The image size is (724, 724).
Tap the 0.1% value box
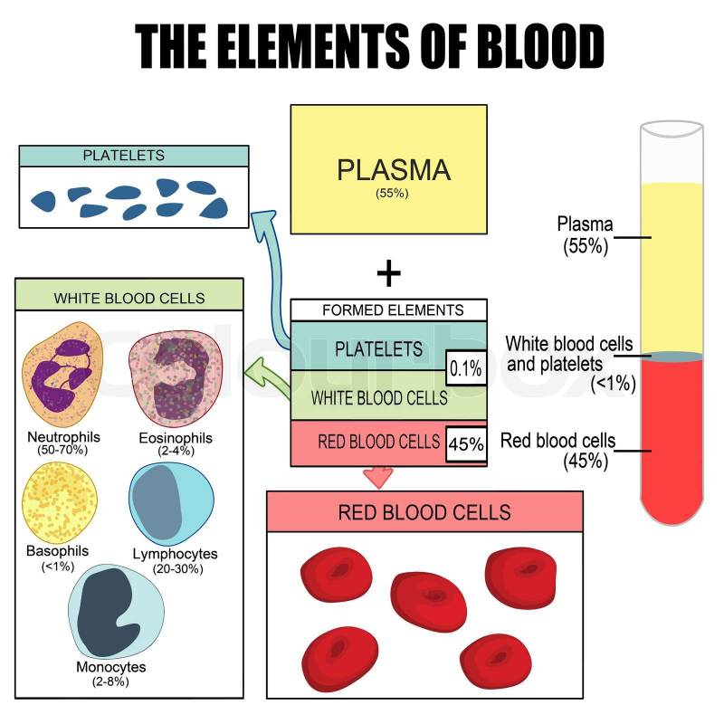(x=465, y=368)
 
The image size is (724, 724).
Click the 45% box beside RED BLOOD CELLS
(x=466, y=444)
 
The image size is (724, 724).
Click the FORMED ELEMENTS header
(x=389, y=310)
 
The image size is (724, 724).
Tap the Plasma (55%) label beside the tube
(x=585, y=233)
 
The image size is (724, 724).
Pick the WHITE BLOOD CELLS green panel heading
(x=129, y=298)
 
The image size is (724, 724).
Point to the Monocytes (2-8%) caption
(x=111, y=674)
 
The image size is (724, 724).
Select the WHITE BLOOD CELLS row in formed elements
(x=379, y=397)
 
